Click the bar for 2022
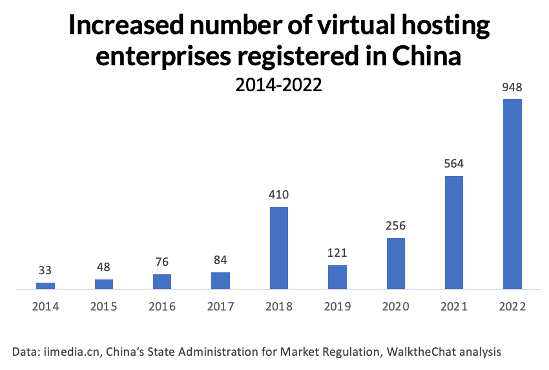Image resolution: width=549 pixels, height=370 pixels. pyautogui.click(x=512, y=194)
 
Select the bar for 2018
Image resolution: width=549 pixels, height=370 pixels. pyautogui.click(x=279, y=248)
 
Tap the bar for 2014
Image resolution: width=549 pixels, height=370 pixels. pyautogui.click(x=46, y=285)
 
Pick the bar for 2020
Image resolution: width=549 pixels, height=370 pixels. pyautogui.click(x=396, y=263)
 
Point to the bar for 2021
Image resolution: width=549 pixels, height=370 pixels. pyautogui.click(x=454, y=232)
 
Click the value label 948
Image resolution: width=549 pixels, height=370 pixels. pyautogui.click(x=512, y=87)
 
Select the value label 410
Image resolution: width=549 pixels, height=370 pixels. pyautogui.click(x=279, y=194)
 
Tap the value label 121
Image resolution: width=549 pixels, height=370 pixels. pyautogui.click(x=337, y=252)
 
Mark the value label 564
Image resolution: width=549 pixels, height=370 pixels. pyautogui.click(x=454, y=164)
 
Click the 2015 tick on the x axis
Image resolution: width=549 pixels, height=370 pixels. pyautogui.click(x=104, y=307)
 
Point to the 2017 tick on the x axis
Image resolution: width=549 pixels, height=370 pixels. pyautogui.click(x=220, y=307)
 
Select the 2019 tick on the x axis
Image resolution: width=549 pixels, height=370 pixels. pyautogui.click(x=337, y=307)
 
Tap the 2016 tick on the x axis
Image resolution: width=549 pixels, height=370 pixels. pyautogui.click(x=162, y=307)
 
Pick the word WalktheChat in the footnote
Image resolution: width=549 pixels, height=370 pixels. pyautogui.click(x=430, y=352)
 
